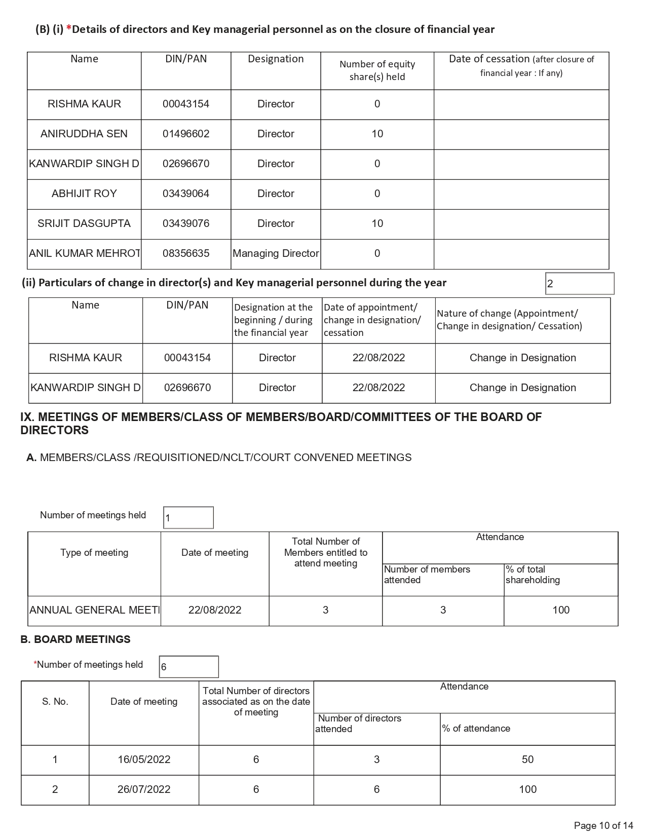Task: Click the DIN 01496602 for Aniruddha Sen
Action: (x=186, y=134)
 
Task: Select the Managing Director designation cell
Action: (x=276, y=253)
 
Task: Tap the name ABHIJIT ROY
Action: (x=84, y=194)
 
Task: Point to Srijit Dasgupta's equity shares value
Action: (x=377, y=223)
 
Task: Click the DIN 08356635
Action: (x=186, y=253)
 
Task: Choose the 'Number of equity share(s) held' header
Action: (x=377, y=70)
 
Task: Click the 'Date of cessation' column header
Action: (x=521, y=65)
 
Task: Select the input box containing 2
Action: (x=579, y=283)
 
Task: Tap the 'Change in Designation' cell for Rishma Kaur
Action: (x=522, y=358)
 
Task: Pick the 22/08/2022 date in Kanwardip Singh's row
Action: (x=378, y=388)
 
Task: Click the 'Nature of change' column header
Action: (x=509, y=320)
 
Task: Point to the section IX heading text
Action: (x=281, y=424)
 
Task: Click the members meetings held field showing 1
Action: (x=188, y=518)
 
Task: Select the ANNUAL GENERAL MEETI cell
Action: (x=94, y=610)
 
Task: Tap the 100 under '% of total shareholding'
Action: (x=560, y=610)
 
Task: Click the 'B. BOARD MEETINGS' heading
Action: (x=75, y=639)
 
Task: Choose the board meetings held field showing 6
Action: (x=188, y=667)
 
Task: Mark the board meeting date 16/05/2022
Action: (x=144, y=759)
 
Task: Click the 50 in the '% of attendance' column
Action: (x=527, y=759)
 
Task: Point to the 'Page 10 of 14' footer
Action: (x=603, y=825)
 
